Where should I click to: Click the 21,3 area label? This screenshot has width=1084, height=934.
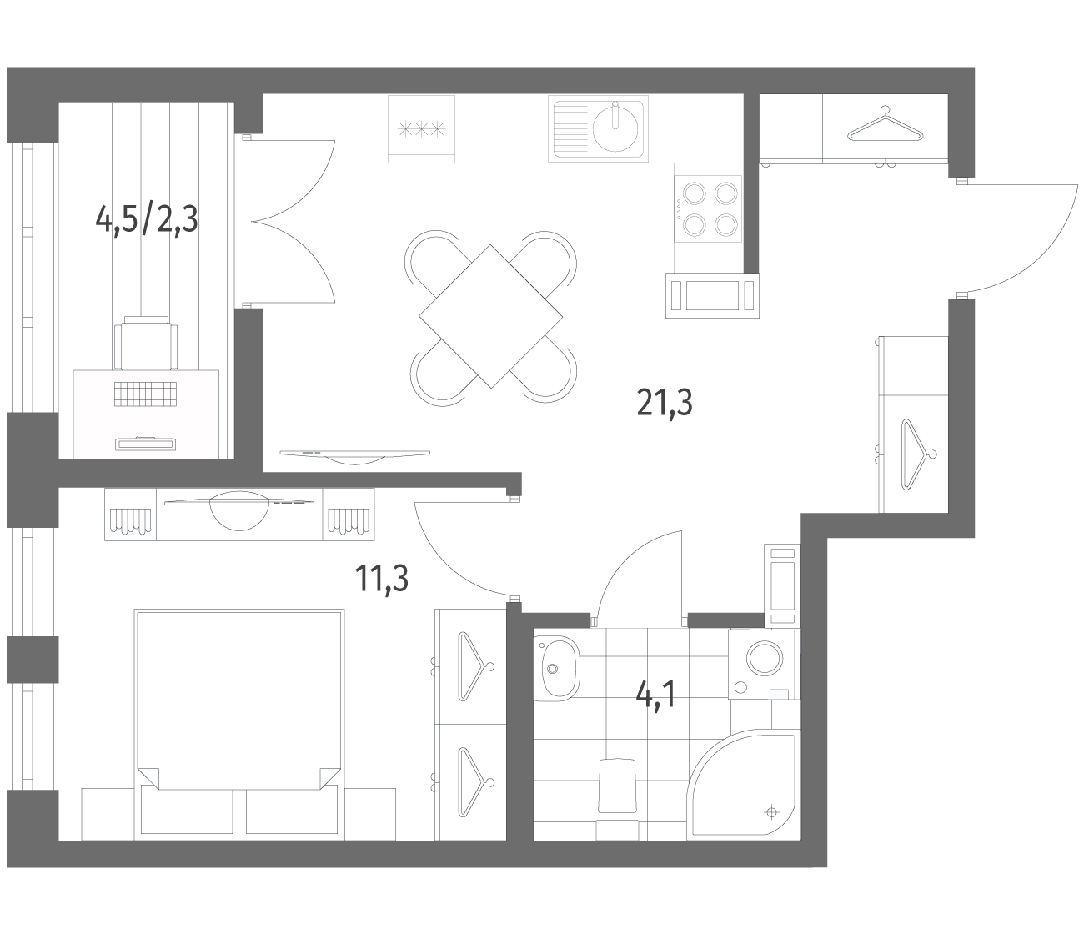[x=665, y=404]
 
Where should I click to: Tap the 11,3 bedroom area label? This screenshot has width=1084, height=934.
[x=381, y=579]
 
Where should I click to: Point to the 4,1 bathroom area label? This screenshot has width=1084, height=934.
[x=655, y=695]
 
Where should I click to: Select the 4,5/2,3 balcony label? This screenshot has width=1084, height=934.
[x=147, y=219]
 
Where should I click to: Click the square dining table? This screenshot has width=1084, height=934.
[x=490, y=317]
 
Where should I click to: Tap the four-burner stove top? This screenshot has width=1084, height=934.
[x=708, y=208]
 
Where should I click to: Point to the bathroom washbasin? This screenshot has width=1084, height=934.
[x=556, y=667]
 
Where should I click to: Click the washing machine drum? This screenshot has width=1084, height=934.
[x=765, y=659]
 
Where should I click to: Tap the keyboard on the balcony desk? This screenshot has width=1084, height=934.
[x=145, y=394]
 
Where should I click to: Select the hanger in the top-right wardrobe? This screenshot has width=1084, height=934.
[x=885, y=126]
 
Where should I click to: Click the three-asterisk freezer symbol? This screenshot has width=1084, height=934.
[x=422, y=128]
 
